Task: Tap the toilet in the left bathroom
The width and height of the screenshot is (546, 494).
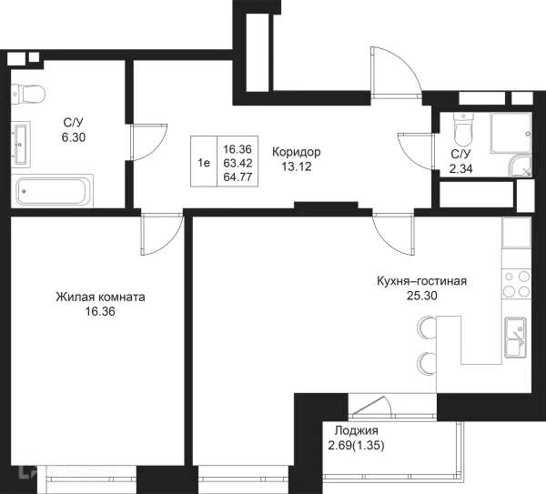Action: tap(28, 92)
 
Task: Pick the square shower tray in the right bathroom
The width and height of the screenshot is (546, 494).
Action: tap(506, 133)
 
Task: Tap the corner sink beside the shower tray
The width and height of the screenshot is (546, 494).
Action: tap(521, 167)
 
